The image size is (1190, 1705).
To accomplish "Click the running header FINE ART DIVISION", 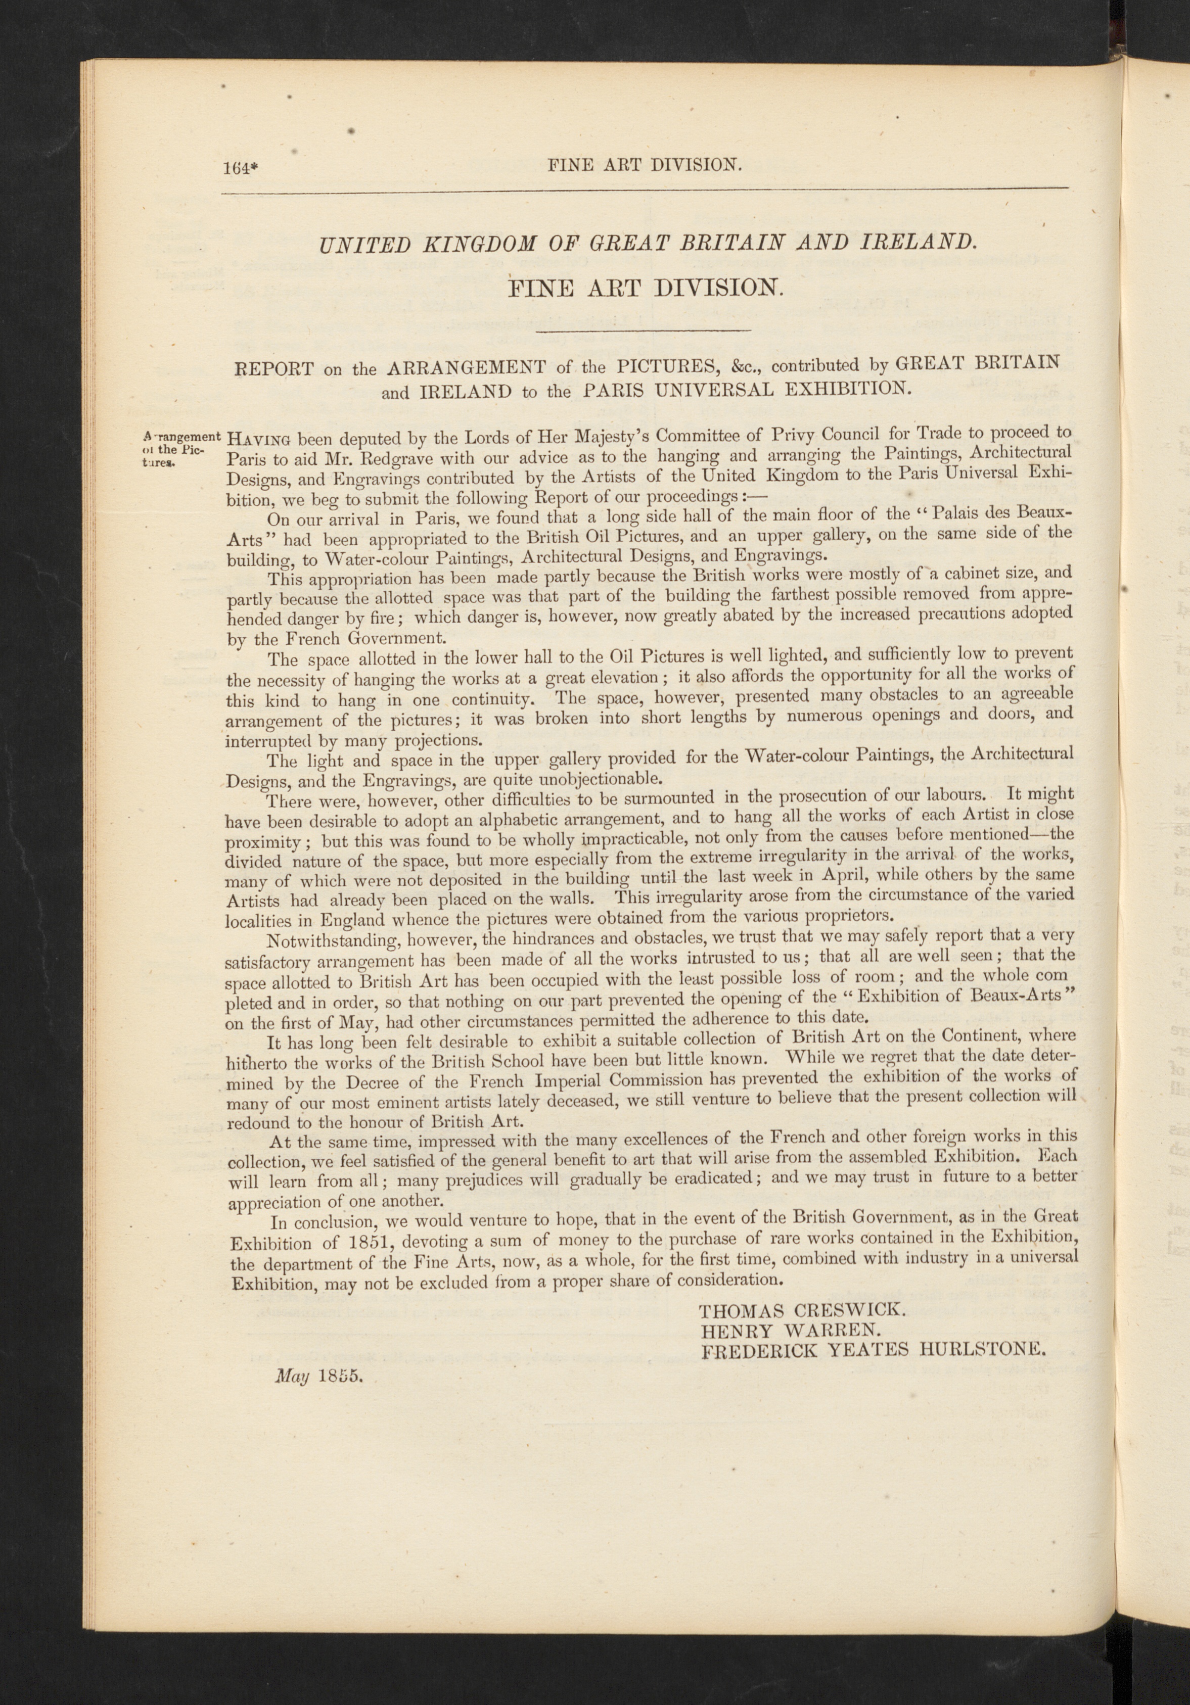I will click(644, 166).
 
